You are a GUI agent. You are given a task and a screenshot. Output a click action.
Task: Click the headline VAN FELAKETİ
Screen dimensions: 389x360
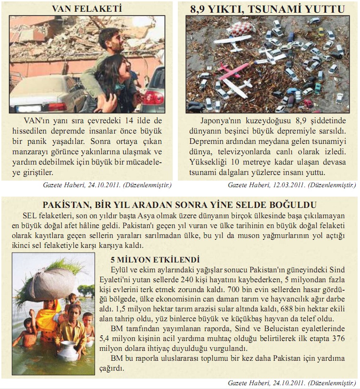click(89, 8)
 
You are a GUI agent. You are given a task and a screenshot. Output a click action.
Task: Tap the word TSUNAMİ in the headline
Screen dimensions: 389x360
click(284, 9)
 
